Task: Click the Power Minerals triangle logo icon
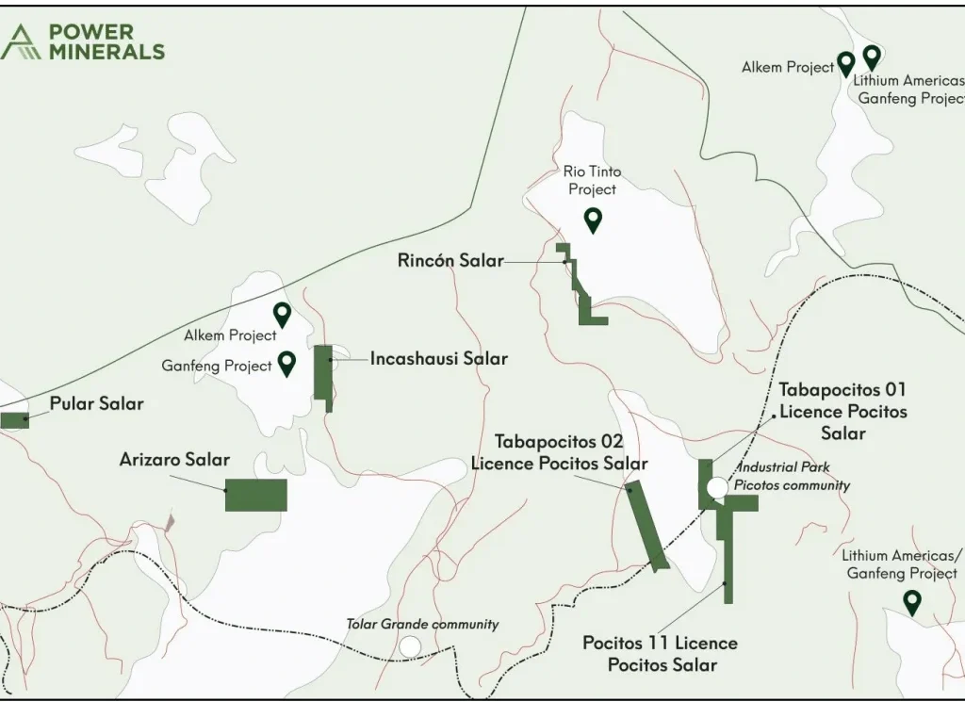pyautogui.click(x=21, y=42)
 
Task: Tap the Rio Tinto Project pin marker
pyautogui.click(x=593, y=220)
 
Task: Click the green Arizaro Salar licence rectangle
pyautogui.click(x=255, y=495)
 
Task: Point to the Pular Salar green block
pyautogui.click(x=14, y=420)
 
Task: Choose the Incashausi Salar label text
pyautogui.click(x=438, y=359)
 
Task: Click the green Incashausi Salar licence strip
pyautogui.click(x=322, y=374)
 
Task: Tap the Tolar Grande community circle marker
pyautogui.click(x=410, y=646)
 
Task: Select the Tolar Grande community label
pyautogui.click(x=422, y=624)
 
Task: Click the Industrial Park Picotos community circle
pyautogui.click(x=717, y=487)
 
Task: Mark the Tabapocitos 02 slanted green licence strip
pyautogui.click(x=647, y=524)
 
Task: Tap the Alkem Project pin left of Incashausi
pyautogui.click(x=282, y=314)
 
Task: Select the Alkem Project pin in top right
pyautogui.click(x=846, y=63)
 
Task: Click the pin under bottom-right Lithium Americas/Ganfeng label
pyautogui.click(x=911, y=601)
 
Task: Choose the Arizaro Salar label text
pyautogui.click(x=174, y=460)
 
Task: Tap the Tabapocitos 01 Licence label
pyautogui.click(x=842, y=411)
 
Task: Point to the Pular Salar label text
pyautogui.click(x=98, y=403)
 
